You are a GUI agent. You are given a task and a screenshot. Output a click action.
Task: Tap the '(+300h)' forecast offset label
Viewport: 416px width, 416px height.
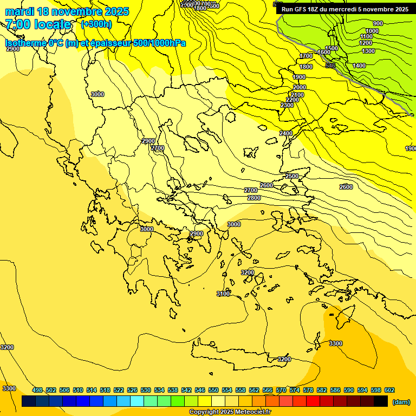96,24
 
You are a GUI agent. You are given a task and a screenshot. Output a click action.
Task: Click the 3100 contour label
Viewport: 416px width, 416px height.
223,294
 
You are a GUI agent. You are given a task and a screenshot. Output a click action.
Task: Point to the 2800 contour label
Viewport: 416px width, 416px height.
253,198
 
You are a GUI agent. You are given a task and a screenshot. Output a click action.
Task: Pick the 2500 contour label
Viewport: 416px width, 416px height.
291,176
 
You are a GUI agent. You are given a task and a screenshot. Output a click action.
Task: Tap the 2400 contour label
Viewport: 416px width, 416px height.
285,133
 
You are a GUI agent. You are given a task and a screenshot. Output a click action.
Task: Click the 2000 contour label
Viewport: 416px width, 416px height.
299,87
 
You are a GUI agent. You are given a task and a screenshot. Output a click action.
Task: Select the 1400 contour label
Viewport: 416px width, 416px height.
359,66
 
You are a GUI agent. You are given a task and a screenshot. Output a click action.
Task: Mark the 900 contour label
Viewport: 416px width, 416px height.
378,23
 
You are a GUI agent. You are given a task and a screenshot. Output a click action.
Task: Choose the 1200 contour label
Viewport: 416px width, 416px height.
366,43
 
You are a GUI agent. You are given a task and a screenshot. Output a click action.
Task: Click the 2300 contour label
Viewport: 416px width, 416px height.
287,105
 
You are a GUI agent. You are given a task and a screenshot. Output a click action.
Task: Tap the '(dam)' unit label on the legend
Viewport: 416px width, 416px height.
400,402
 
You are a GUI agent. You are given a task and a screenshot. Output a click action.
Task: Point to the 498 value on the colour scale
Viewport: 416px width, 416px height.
37,390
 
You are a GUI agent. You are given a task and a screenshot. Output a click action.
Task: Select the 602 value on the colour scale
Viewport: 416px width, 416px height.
389,390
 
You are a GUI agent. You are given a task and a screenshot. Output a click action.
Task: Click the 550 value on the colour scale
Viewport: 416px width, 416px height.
213,390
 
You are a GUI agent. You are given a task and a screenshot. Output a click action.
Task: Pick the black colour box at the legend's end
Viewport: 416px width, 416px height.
381,401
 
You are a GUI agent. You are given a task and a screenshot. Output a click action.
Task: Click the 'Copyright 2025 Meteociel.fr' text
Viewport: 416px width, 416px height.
230,412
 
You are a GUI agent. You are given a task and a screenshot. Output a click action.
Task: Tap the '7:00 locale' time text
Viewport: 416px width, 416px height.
38,24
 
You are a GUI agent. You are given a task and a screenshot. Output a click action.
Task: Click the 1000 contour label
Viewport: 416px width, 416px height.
372,31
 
